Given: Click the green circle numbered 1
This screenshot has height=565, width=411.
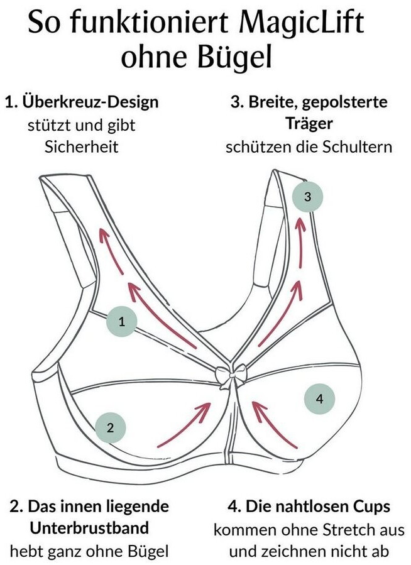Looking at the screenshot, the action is [x=122, y=322].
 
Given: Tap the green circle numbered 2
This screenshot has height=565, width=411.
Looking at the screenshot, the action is [x=110, y=429].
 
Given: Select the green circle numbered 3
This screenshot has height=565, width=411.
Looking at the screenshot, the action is [x=307, y=196].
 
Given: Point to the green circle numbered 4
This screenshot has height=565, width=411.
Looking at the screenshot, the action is [x=319, y=398].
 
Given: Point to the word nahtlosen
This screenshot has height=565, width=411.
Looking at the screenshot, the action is [x=302, y=507].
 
